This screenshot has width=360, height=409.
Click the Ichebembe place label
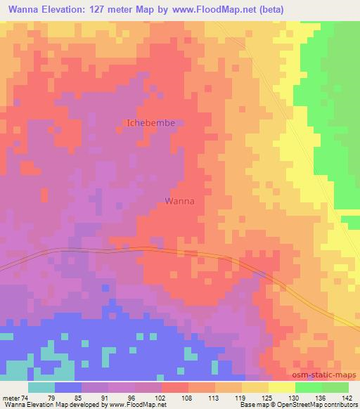point(150,122)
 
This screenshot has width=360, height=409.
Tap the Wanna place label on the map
point(179,200)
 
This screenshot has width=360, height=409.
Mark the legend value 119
point(240,397)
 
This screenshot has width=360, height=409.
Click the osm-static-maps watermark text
point(328,376)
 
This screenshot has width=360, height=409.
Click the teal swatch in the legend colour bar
point(41,387)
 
